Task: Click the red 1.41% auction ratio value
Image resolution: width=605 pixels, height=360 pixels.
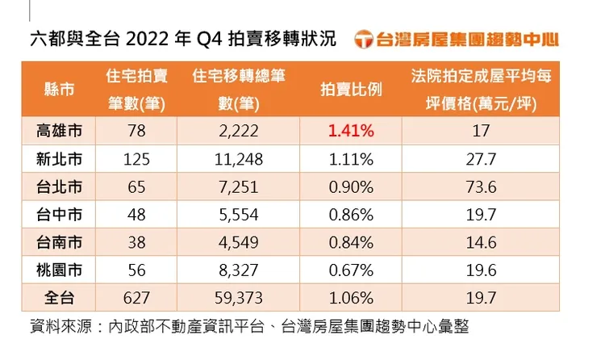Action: coord(351,130)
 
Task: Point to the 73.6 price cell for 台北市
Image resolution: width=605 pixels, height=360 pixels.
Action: coord(481,186)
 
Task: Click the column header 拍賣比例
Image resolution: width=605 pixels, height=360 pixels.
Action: coord(351,90)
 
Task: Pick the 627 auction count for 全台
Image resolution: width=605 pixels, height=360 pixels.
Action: coord(136,298)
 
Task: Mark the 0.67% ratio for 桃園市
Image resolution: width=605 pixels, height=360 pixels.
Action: coord(351,270)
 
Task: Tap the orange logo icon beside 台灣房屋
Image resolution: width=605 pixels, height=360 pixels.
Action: coord(365,39)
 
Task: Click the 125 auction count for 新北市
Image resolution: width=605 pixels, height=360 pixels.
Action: coord(136,158)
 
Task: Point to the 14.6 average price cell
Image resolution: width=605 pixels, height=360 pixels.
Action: coord(481,242)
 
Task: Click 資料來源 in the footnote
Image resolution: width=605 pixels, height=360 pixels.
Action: coord(56,327)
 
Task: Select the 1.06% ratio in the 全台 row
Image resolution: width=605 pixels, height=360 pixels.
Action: coord(351,298)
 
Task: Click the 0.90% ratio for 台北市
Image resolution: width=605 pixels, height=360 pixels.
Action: coord(351,186)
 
